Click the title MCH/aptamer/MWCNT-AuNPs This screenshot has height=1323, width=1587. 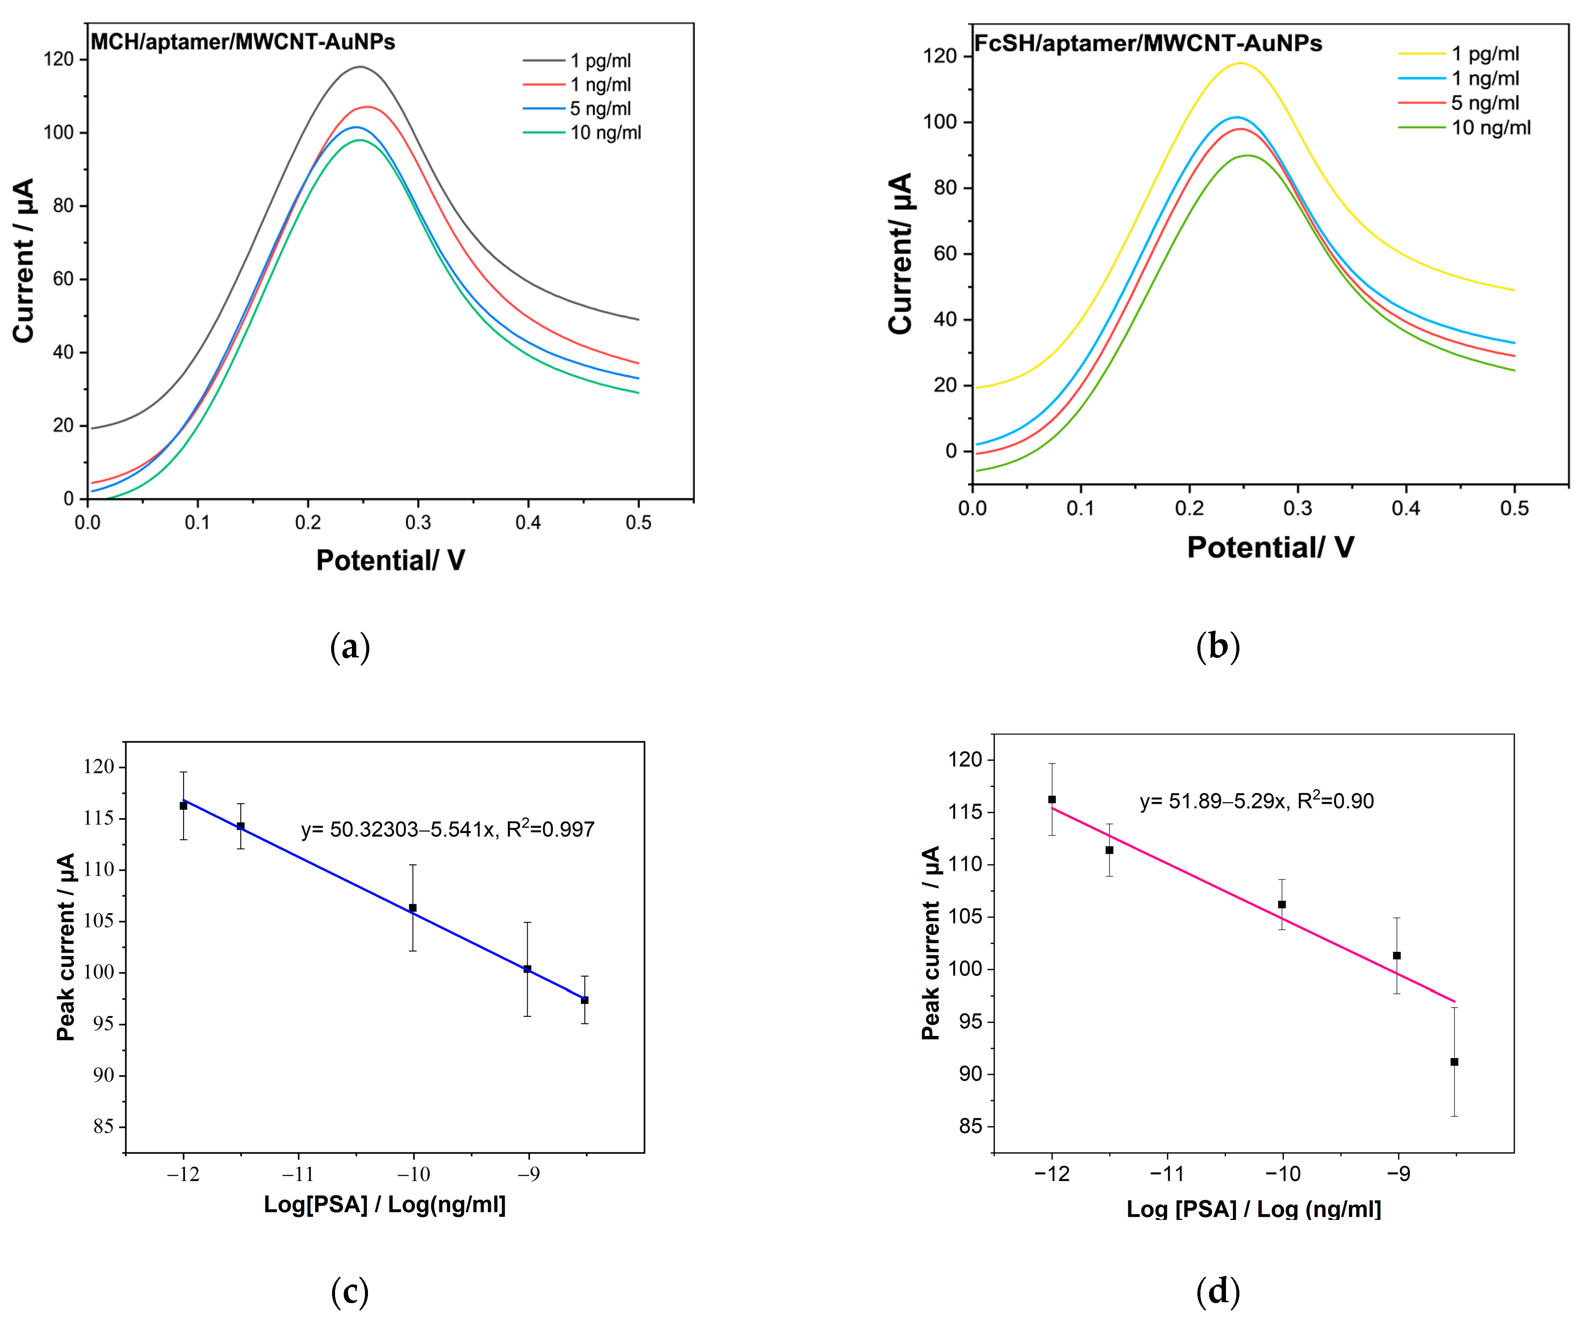pos(242,42)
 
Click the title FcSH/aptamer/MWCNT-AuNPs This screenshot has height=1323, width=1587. pos(1147,43)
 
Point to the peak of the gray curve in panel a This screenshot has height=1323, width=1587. pos(361,67)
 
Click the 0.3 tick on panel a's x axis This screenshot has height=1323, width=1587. pos(418,522)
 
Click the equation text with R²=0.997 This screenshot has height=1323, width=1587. pos(447,829)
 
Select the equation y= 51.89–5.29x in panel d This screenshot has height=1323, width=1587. pos(1256,801)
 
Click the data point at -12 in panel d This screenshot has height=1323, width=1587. pos(1052,799)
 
